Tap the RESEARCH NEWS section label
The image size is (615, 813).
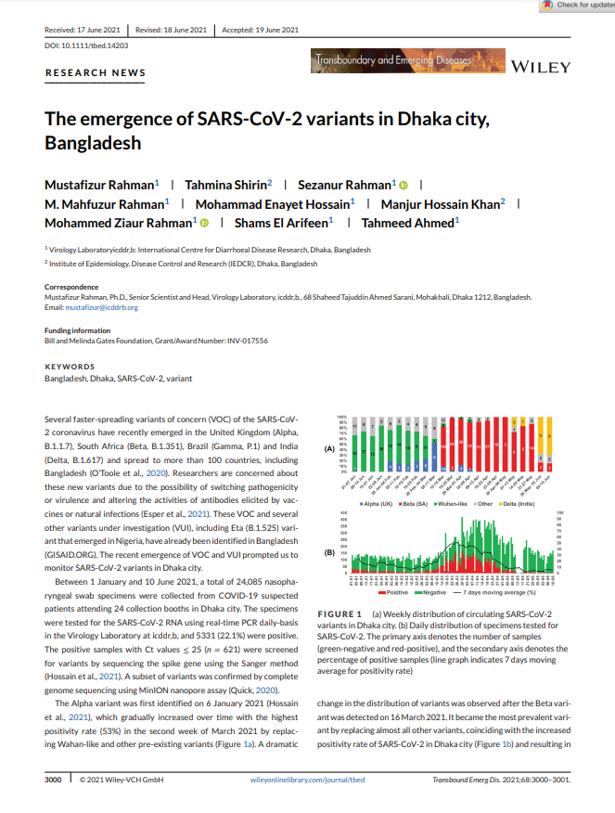95,72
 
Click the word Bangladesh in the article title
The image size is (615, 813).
93,144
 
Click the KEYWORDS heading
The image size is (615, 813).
69,367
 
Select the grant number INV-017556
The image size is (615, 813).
246,341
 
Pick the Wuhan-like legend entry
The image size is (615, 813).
448,502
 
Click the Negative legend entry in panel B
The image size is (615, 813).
432,591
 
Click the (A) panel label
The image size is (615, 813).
328,448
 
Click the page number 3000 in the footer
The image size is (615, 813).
53,780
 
